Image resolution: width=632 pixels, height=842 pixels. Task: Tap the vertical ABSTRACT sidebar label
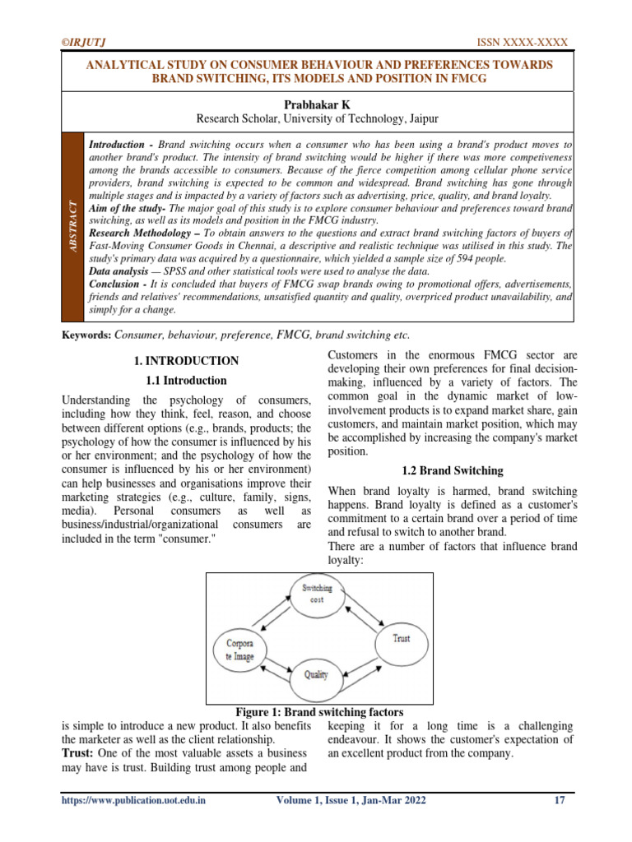(x=73, y=225)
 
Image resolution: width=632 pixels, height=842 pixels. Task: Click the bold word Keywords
(x=86, y=335)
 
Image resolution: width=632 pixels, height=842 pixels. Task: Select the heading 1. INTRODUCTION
(x=186, y=360)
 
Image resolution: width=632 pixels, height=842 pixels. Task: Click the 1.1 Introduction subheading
(x=186, y=381)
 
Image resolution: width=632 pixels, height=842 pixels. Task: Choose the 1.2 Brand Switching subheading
(x=452, y=471)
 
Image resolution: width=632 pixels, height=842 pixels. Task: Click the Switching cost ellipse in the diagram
(x=317, y=594)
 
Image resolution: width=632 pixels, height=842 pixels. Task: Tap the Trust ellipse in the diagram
(x=401, y=638)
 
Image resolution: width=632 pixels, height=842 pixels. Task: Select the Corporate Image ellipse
(x=239, y=650)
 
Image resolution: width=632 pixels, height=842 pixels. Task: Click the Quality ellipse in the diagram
(x=316, y=675)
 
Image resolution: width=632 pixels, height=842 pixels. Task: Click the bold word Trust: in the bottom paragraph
(x=77, y=753)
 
